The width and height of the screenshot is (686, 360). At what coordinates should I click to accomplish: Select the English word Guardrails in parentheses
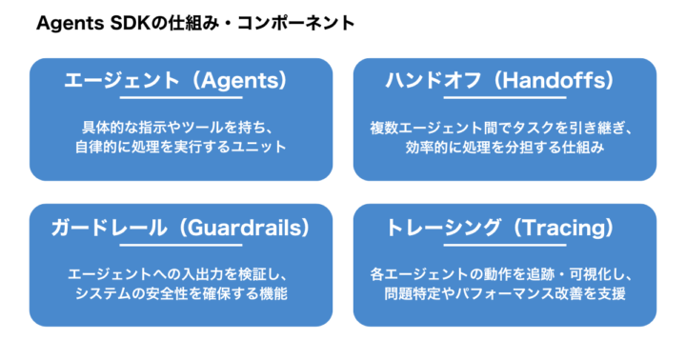(246, 229)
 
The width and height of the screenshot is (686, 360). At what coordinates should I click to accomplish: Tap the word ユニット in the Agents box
(259, 148)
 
